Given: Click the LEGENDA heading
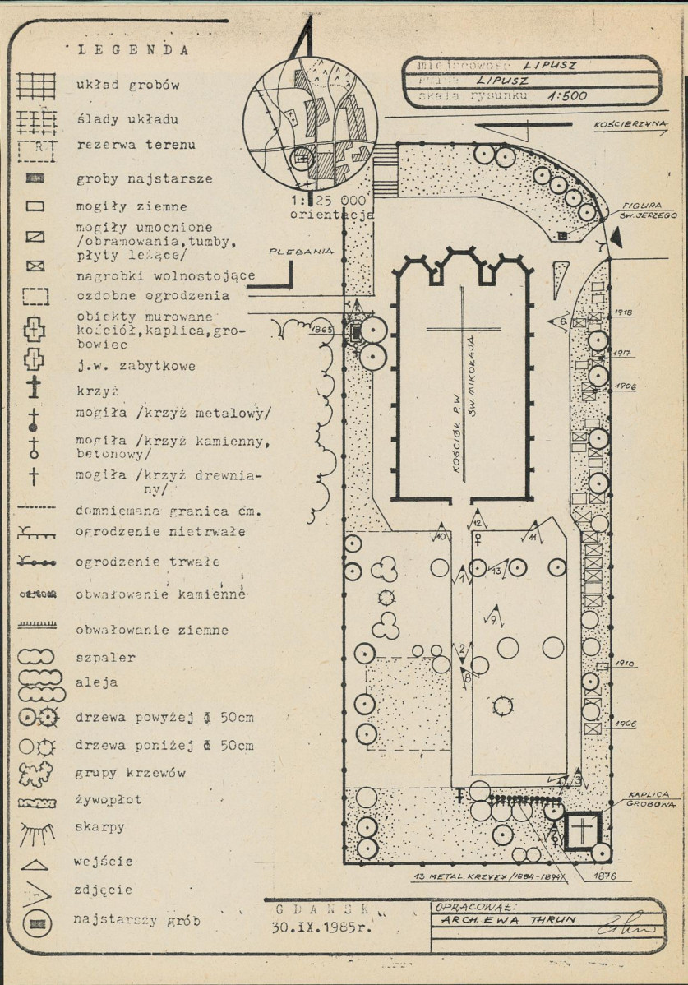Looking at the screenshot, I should point(133,49).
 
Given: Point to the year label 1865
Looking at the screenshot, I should point(321,331).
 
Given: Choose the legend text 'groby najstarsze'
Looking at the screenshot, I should point(145,178).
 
